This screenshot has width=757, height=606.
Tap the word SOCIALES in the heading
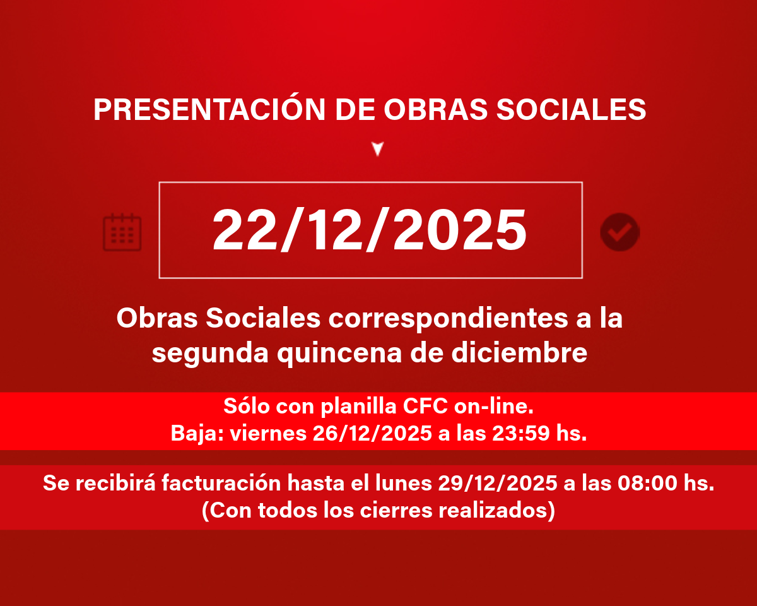(x=571, y=109)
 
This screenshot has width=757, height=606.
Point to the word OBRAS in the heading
(x=435, y=109)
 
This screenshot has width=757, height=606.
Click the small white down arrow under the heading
(x=378, y=148)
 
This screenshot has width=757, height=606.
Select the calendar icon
(x=122, y=232)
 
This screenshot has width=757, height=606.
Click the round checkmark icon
(x=620, y=232)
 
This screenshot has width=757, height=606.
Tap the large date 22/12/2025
(x=370, y=230)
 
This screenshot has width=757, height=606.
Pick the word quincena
(x=339, y=355)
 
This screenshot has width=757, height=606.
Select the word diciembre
(x=519, y=352)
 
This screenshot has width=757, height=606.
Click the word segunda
(x=210, y=355)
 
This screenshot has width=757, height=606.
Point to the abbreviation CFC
(x=425, y=406)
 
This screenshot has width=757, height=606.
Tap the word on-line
(x=494, y=406)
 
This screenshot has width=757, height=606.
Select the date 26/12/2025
(x=372, y=433)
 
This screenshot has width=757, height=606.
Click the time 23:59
(x=520, y=433)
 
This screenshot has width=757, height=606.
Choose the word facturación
(x=221, y=482)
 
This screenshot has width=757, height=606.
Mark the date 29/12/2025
(x=498, y=483)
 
